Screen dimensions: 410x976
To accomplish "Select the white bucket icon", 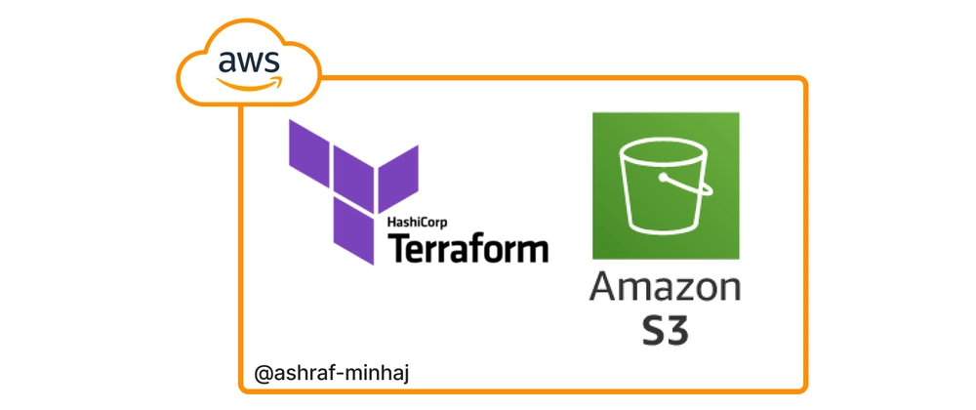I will (x=666, y=186).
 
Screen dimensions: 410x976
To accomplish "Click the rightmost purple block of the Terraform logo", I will (x=399, y=174).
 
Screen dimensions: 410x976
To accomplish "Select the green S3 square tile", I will (x=666, y=186).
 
